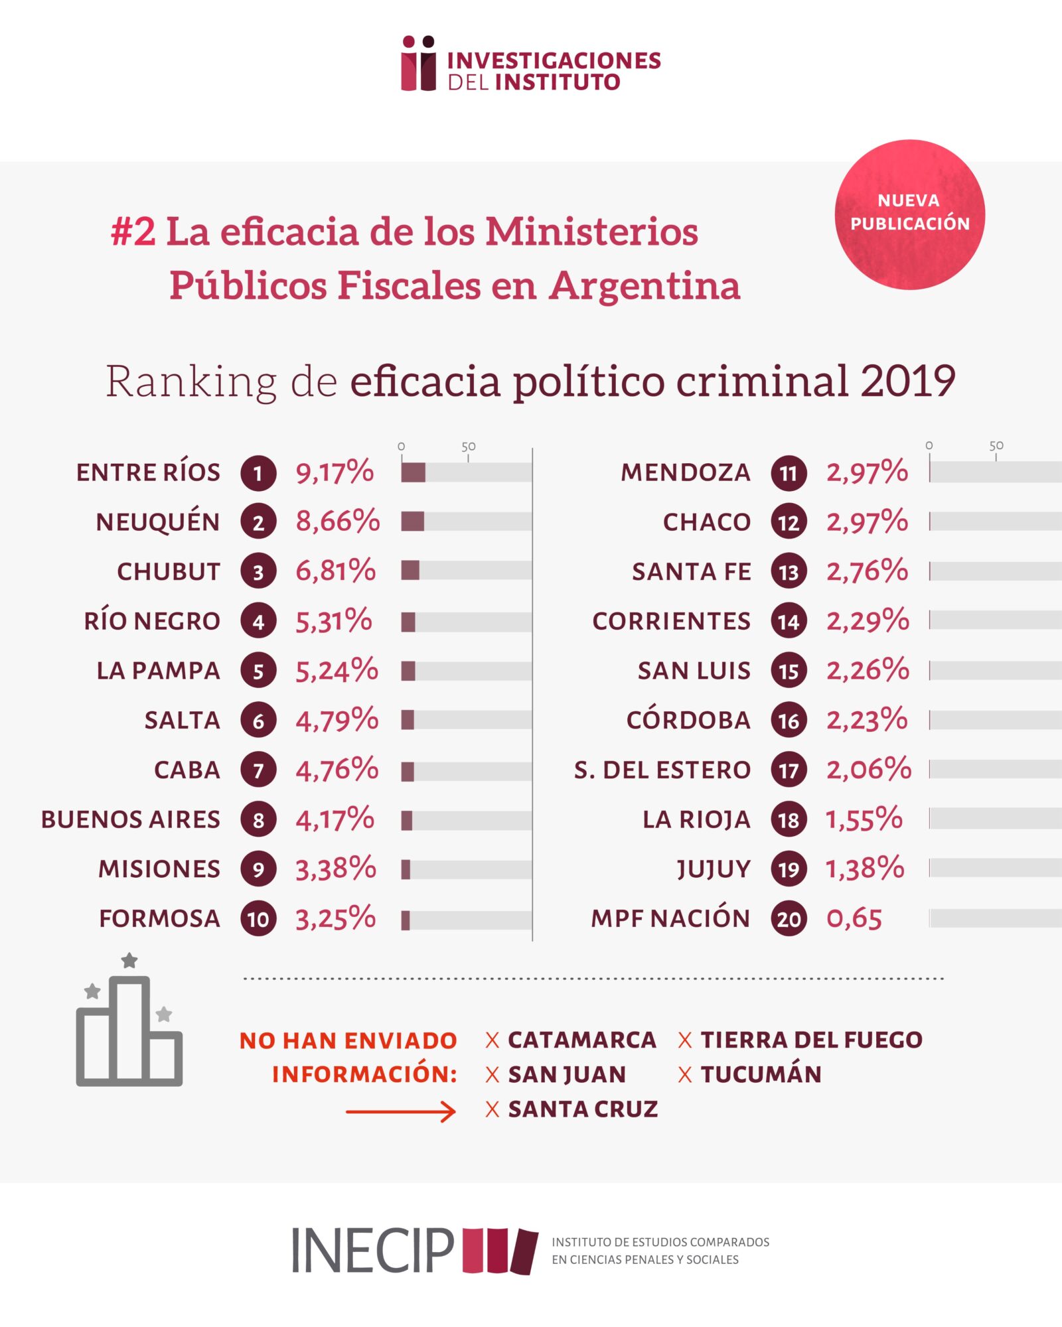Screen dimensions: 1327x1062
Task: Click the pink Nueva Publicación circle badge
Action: click(909, 214)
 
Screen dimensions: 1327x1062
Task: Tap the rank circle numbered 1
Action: click(258, 473)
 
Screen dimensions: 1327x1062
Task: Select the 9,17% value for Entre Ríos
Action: click(335, 472)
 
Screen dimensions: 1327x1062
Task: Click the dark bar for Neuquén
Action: click(412, 522)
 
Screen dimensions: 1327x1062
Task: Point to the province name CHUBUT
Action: click(169, 571)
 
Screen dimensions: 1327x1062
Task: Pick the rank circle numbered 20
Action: click(789, 919)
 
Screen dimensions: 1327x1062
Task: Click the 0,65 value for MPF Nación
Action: click(854, 919)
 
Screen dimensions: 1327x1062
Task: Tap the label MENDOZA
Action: click(686, 472)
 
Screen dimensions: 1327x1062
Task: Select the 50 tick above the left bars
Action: click(468, 447)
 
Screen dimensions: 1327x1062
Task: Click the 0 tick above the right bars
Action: click(929, 446)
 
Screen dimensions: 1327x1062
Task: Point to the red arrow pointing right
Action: click(401, 1111)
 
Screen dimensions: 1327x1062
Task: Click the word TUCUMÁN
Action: click(761, 1074)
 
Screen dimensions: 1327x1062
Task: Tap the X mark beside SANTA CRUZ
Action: click(492, 1109)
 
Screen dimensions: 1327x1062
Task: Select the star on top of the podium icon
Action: click(129, 960)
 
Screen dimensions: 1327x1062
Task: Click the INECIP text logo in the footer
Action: click(372, 1251)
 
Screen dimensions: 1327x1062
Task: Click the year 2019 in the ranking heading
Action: click(907, 382)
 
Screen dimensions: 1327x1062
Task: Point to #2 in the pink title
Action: click(133, 232)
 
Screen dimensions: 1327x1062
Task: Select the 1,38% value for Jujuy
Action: click(864, 869)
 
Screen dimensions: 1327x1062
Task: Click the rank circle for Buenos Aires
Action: click(258, 820)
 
